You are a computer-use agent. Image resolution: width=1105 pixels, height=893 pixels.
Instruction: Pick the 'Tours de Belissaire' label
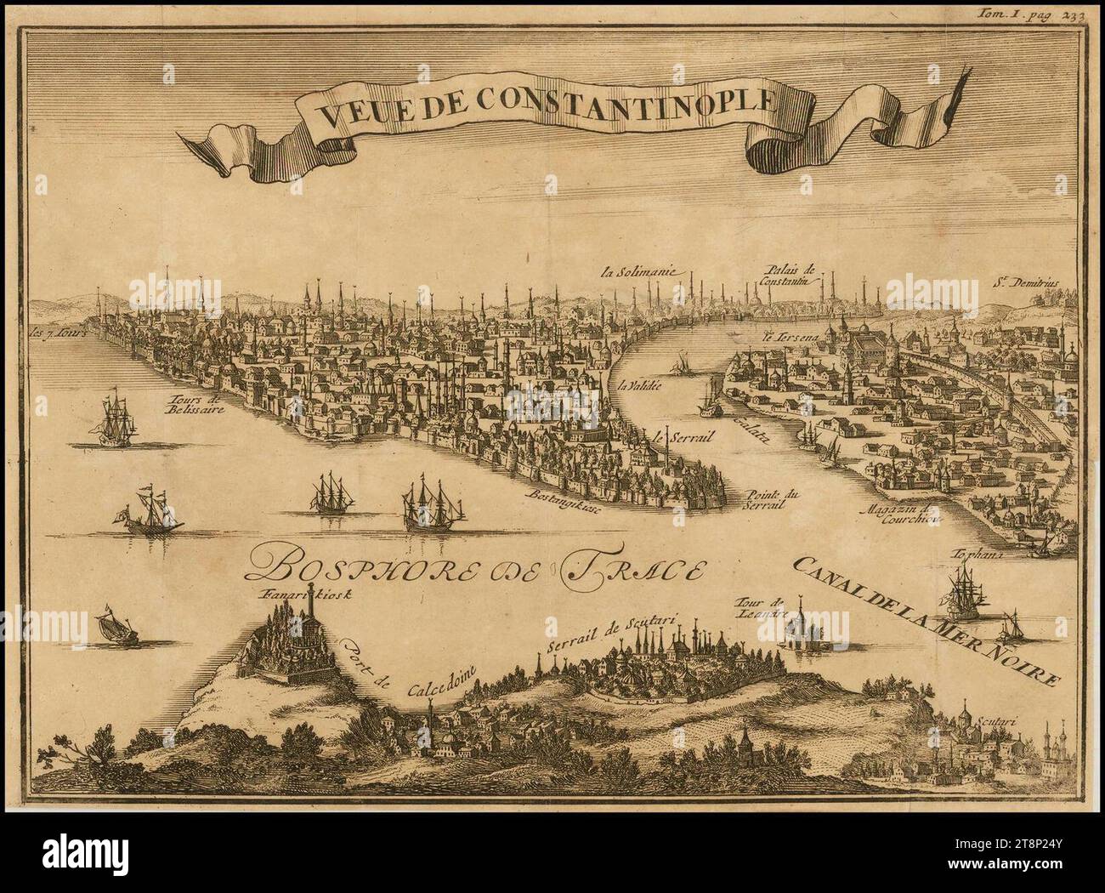coord(195,402)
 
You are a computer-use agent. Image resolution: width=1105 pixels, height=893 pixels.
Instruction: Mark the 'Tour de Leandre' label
coord(763,607)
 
